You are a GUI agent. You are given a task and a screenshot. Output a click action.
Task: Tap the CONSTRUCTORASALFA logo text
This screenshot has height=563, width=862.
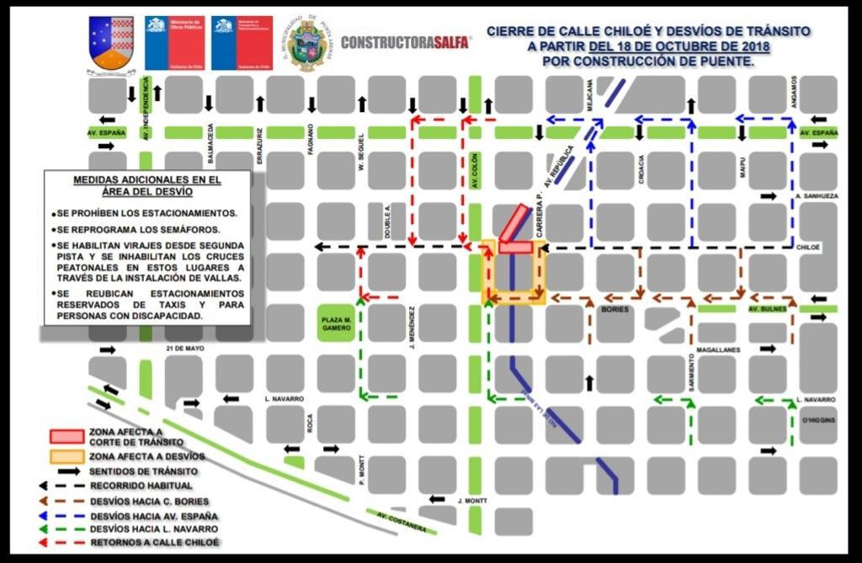[x=406, y=41]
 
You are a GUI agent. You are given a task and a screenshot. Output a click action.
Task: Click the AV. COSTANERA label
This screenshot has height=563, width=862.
[x=402, y=522]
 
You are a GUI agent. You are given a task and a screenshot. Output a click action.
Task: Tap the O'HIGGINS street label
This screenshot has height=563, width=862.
[x=817, y=418]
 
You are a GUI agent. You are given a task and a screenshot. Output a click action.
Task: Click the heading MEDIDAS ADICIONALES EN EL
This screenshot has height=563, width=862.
[x=147, y=179]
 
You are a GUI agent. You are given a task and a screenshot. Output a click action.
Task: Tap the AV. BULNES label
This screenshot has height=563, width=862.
[x=765, y=309]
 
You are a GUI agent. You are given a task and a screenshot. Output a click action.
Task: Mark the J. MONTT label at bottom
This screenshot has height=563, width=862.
[x=472, y=501]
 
